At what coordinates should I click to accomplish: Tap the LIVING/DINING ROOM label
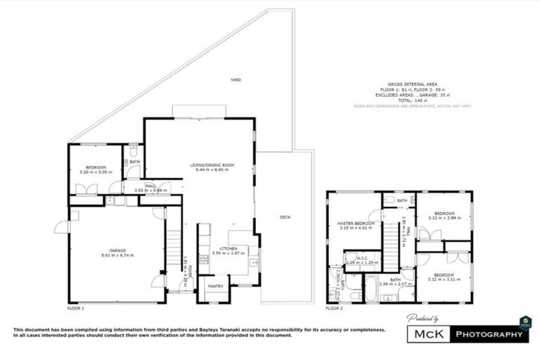point(212,165)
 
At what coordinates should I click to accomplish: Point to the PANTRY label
point(215,287)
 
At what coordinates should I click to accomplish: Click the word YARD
point(236,81)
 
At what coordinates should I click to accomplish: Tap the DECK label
point(285,217)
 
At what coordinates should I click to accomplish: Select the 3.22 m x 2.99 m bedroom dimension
point(444,219)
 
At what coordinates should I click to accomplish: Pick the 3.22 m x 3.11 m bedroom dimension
point(444,280)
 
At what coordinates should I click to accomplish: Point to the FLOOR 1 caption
point(75,309)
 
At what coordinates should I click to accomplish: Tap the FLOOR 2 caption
point(334,309)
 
